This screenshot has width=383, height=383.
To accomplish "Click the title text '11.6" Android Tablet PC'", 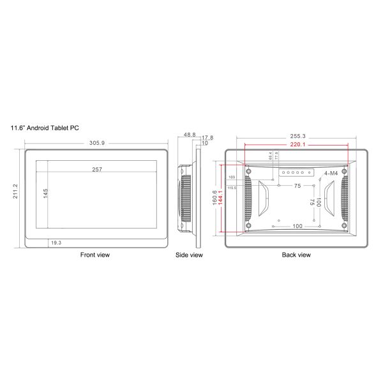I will [x=45, y=128].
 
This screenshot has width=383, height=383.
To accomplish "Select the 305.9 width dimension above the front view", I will [x=97, y=142].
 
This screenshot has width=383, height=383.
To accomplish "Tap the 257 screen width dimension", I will [x=97, y=169].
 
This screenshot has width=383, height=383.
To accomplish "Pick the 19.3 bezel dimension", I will [x=56, y=243].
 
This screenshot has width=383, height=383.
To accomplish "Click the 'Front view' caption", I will [x=94, y=255].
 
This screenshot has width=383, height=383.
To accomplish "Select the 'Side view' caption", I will [x=189, y=255].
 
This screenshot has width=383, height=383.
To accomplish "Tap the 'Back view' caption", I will [x=296, y=255].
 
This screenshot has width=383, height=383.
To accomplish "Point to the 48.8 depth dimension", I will [x=189, y=135].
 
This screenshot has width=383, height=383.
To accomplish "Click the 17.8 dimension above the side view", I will [x=207, y=138].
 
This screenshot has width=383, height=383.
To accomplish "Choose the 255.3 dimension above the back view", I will [x=297, y=135].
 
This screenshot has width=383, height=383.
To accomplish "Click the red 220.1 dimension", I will [x=297, y=145].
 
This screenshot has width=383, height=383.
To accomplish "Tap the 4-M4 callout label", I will [x=331, y=173].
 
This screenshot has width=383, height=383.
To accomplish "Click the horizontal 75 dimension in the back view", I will [x=297, y=186].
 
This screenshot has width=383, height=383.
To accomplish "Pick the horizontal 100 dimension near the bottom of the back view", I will [x=297, y=226].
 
